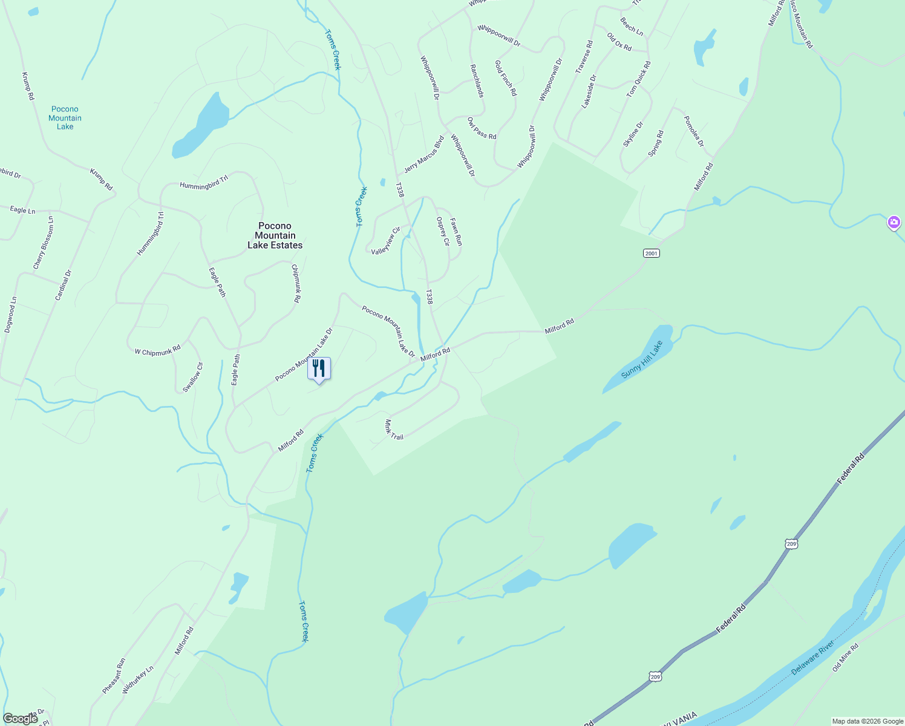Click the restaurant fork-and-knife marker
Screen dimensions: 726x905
click(319, 368)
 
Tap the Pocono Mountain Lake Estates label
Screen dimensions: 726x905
click(275, 235)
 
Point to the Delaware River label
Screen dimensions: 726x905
click(814, 659)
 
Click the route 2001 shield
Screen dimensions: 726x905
click(651, 253)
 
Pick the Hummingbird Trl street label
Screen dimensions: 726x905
click(204, 182)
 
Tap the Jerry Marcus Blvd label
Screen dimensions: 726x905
click(424, 154)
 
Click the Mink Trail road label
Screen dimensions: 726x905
click(393, 430)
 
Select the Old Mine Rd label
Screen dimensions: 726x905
click(845, 658)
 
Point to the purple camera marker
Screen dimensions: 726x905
click(894, 223)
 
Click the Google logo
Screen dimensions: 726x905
click(20, 718)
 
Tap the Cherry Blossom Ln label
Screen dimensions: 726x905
click(44, 243)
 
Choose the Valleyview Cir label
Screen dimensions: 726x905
click(386, 240)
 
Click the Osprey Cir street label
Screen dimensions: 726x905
click(443, 231)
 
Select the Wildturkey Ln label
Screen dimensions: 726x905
click(138, 679)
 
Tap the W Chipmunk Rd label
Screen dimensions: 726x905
click(157, 351)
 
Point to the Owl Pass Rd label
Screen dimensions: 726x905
click(482, 128)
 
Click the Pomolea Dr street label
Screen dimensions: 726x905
click(694, 131)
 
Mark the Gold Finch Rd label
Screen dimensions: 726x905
click(506, 78)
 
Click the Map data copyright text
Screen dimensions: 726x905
click(867, 721)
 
